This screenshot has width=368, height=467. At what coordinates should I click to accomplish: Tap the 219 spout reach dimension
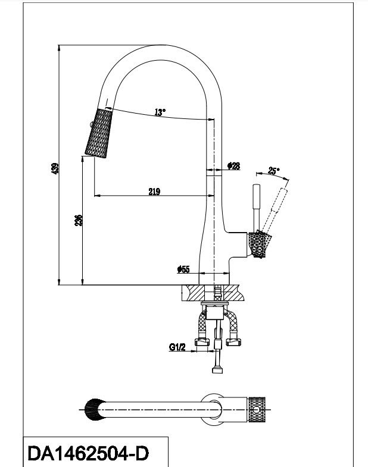pyautogui.click(x=154, y=191)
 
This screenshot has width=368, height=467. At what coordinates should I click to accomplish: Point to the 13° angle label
pyautogui.click(x=160, y=111)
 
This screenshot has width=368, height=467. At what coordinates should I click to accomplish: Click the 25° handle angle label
pyautogui.click(x=273, y=171)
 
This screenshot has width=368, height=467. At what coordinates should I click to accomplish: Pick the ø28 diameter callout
pyautogui.click(x=233, y=167)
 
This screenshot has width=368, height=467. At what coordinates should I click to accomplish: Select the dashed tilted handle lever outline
pyautogui.click(x=276, y=206)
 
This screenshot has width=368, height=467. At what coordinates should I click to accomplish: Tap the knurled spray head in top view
pyautogui.click(x=92, y=409)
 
